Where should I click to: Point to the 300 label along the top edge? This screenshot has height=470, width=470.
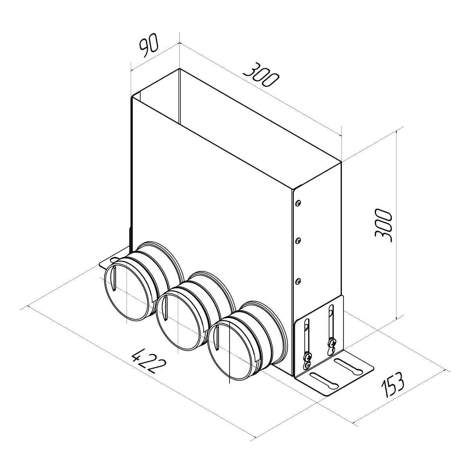(x=261, y=75)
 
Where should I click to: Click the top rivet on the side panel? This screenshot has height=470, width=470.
(x=298, y=202)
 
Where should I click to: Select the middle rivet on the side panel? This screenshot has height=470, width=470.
(x=298, y=241)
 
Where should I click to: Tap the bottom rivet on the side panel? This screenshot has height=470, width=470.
(x=298, y=282)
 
